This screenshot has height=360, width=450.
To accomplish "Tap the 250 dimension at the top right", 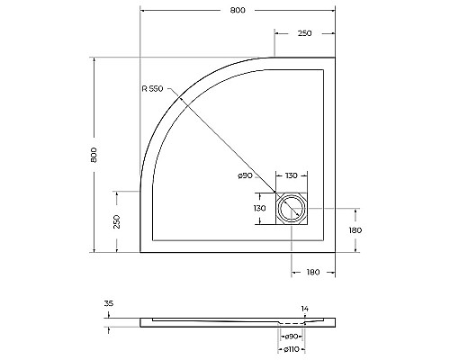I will [304, 33].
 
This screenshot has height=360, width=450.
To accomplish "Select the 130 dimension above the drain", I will [292, 175].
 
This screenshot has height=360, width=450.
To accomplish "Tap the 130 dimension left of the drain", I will [261, 209].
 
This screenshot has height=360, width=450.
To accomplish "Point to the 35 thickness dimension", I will [109, 305].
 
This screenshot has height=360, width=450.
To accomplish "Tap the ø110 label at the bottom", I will [292, 349].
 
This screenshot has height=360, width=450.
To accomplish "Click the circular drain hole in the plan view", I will [292, 210].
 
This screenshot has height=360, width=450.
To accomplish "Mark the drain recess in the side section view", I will [292, 322].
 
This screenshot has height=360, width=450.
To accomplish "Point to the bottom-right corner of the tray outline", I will [334, 252].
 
